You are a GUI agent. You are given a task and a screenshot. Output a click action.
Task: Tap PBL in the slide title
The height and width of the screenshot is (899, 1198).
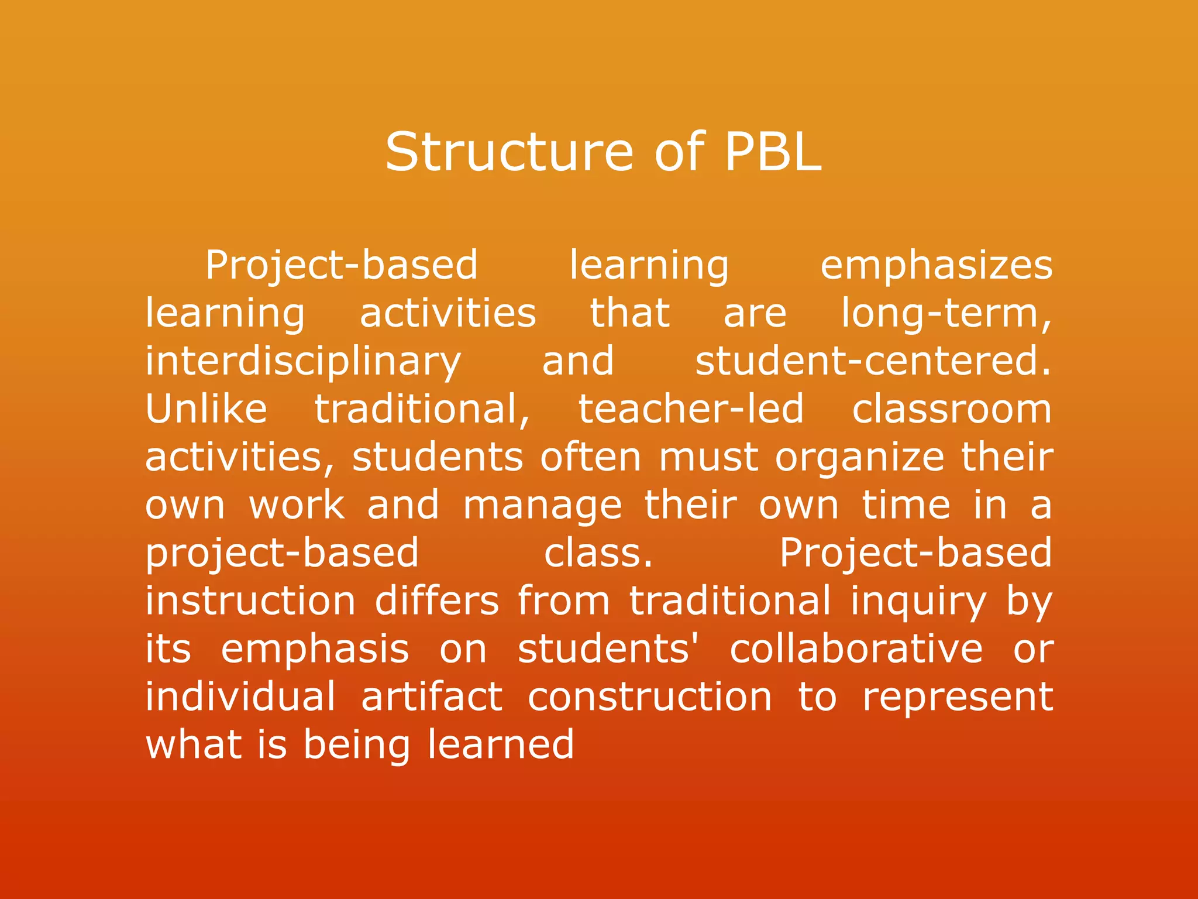(773, 152)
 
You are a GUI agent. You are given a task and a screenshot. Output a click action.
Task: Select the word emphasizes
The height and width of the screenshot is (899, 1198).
(936, 265)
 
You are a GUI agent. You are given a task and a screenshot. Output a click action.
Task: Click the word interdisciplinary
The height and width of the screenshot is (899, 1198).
(303, 362)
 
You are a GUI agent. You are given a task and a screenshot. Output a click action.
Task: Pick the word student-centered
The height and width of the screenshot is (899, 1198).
(872, 361)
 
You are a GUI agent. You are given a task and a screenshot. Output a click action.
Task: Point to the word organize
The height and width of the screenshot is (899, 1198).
(859, 458)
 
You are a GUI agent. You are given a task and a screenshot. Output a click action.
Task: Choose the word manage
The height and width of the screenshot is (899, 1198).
(542, 506)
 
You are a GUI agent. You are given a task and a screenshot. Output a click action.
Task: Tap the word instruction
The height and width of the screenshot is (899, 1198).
(250, 601)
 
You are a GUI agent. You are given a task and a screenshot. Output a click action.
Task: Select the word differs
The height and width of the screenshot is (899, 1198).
(437, 601)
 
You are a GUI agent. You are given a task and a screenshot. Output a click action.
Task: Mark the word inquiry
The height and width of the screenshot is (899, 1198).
(918, 602)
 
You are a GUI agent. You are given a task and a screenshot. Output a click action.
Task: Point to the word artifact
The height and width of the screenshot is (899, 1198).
(432, 697)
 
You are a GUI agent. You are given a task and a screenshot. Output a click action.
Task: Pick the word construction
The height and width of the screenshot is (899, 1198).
(650, 697)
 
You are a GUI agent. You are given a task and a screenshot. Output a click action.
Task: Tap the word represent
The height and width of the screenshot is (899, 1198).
(958, 698)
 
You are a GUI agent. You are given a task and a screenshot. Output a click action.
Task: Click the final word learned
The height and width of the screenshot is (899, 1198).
(501, 745)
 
